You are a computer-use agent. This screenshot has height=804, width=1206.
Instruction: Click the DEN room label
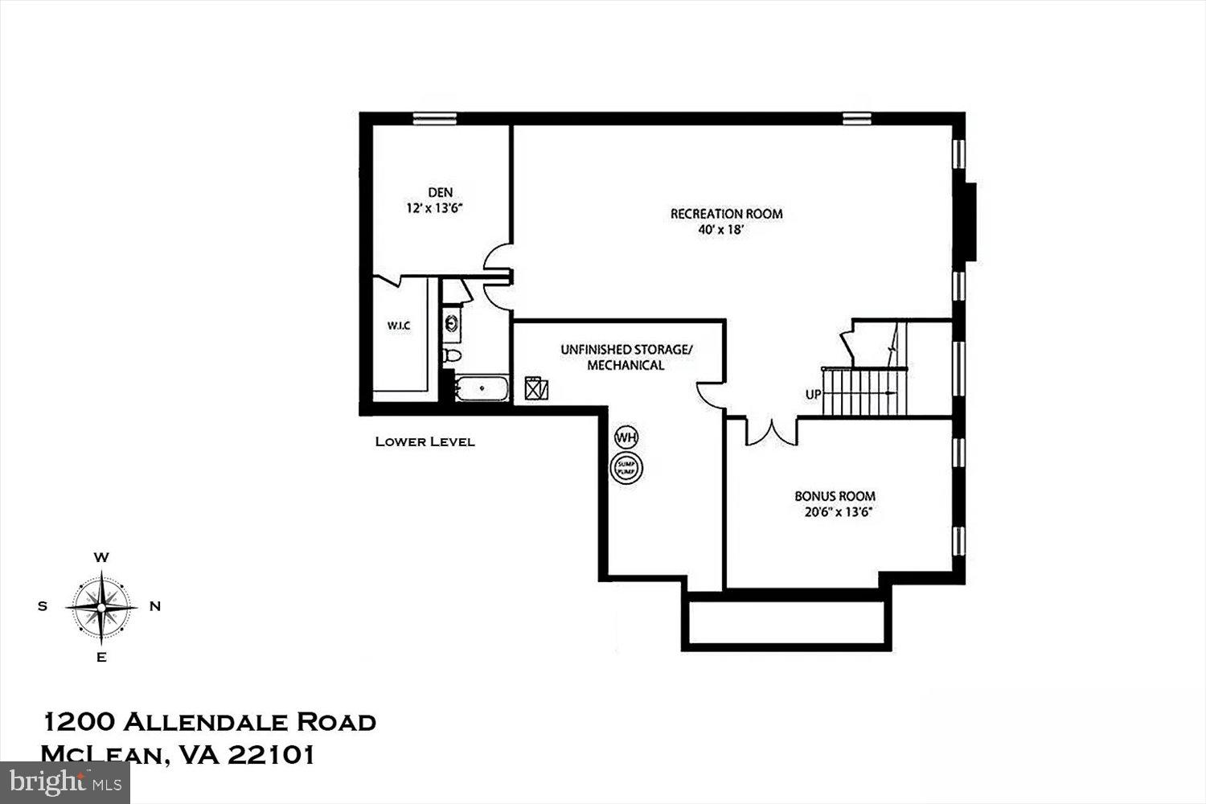pos(440,192)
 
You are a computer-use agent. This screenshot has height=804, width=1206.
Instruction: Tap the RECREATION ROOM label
pos(726,214)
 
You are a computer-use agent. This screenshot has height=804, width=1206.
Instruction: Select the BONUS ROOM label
pos(835,496)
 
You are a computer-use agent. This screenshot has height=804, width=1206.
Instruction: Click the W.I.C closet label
pos(399,326)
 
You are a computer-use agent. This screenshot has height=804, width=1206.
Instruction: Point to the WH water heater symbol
pos(626,437)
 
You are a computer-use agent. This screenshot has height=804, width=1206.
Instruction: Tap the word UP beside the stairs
pos(813,395)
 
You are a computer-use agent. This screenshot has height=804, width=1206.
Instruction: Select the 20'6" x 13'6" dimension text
pos(835,511)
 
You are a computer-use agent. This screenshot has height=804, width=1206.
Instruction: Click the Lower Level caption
pos(425,441)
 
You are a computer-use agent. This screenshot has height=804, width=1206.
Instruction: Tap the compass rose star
pos(101,607)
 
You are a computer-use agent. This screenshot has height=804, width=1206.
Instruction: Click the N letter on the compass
pos(155,607)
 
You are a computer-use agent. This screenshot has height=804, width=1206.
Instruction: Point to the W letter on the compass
pos(101,557)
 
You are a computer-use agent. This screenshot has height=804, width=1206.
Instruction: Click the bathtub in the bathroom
pos(482,388)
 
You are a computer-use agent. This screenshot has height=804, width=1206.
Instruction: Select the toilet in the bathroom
pos(453,355)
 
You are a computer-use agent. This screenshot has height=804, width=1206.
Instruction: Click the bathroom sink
pos(453,324)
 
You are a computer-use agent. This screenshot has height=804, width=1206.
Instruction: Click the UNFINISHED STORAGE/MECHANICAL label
pos(626,357)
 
